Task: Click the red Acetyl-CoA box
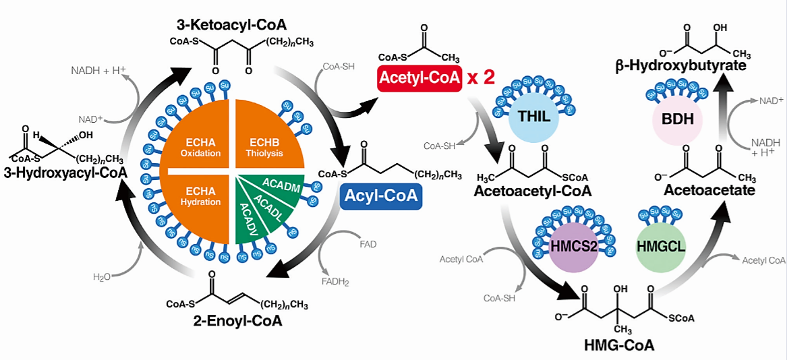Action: pos(418,78)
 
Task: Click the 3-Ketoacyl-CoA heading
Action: pos(231,25)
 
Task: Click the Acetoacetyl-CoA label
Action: pos(533,191)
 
